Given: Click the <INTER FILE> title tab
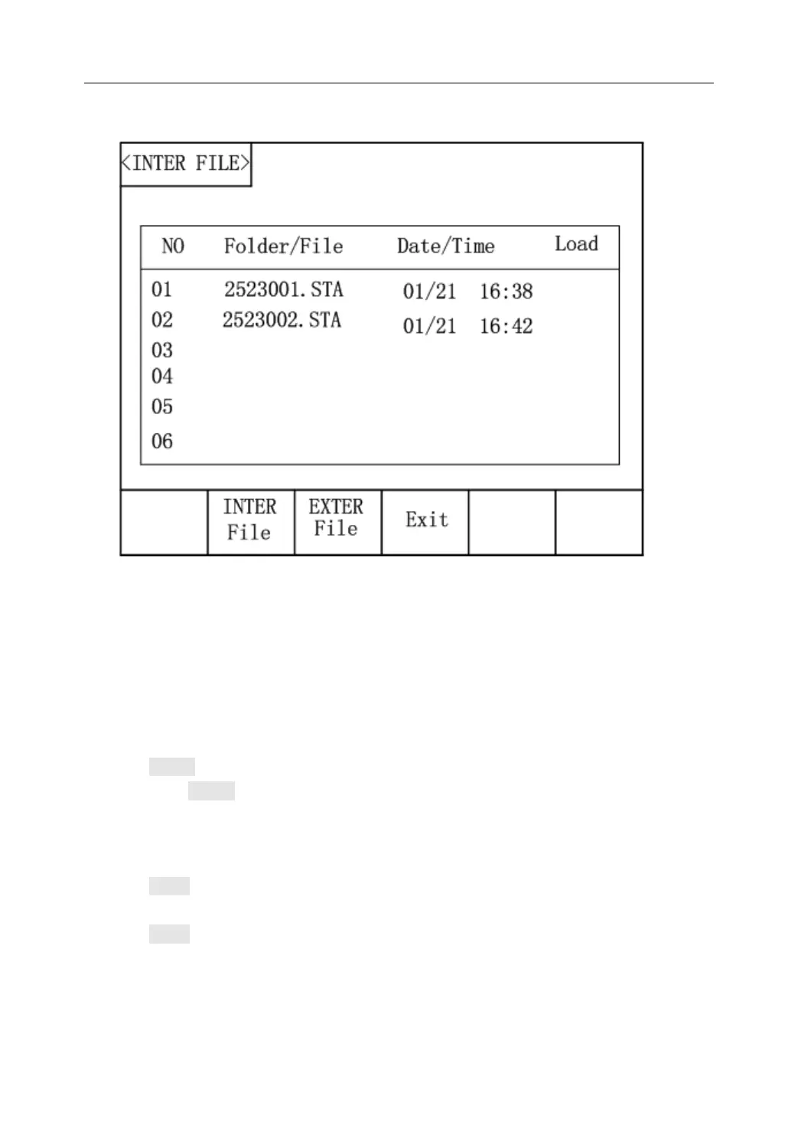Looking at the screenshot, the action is coord(186,164).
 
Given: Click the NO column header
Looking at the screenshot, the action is coord(173,246).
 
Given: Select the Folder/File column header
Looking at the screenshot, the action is coord(283,246).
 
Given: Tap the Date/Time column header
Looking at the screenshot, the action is coord(445,246).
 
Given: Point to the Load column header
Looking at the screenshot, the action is coord(576,245).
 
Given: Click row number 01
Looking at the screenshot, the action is coord(162,290).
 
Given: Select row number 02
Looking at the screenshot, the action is coord(162,320).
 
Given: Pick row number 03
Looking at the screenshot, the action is coord(162,350).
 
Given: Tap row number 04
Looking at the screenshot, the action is coord(162,377).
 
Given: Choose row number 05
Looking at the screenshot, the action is coord(162,407).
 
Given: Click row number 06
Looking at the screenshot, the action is coord(162,442).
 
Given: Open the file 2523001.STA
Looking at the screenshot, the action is coord(284,290).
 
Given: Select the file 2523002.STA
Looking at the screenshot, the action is coord(282,320).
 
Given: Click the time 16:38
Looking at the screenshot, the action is coord(506,292).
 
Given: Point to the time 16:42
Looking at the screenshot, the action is coord(506,327).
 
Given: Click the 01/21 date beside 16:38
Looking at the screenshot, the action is coord(429,292).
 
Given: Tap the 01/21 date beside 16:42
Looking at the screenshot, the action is coord(429,327).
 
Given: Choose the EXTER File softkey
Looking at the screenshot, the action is coord(337,519).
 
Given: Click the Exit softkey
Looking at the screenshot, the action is coord(426,520).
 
